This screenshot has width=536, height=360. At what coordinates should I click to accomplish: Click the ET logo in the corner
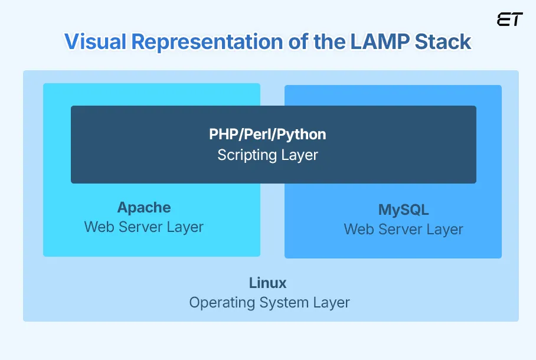509,19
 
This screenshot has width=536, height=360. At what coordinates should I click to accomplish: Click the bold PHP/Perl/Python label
267,135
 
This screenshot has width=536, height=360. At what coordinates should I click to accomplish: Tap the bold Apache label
144,208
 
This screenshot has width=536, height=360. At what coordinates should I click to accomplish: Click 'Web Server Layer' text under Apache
144,227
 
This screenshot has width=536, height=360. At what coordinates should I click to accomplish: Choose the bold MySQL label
404,210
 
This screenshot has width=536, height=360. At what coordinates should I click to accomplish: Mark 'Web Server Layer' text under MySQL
404,230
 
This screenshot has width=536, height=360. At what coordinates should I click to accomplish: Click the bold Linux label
267,283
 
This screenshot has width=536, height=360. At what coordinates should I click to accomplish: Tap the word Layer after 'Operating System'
332,303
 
